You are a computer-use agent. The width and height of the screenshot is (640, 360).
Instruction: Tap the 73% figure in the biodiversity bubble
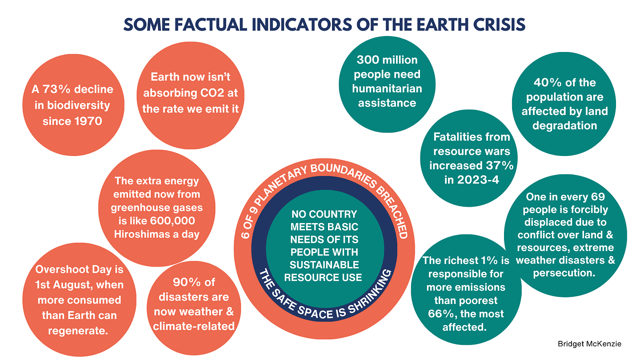(56, 89)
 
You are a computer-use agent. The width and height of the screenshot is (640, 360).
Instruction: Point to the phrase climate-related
(194, 326)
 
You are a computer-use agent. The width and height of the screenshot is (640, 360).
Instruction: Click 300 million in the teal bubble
(387, 60)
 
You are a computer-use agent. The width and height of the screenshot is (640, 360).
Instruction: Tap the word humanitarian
(387, 88)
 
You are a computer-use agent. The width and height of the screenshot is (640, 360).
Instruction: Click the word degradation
(564, 125)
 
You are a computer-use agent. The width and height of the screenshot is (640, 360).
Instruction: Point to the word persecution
(564, 273)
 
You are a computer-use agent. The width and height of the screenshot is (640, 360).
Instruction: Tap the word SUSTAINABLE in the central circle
(324, 265)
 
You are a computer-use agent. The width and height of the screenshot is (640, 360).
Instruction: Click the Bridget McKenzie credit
(589, 344)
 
